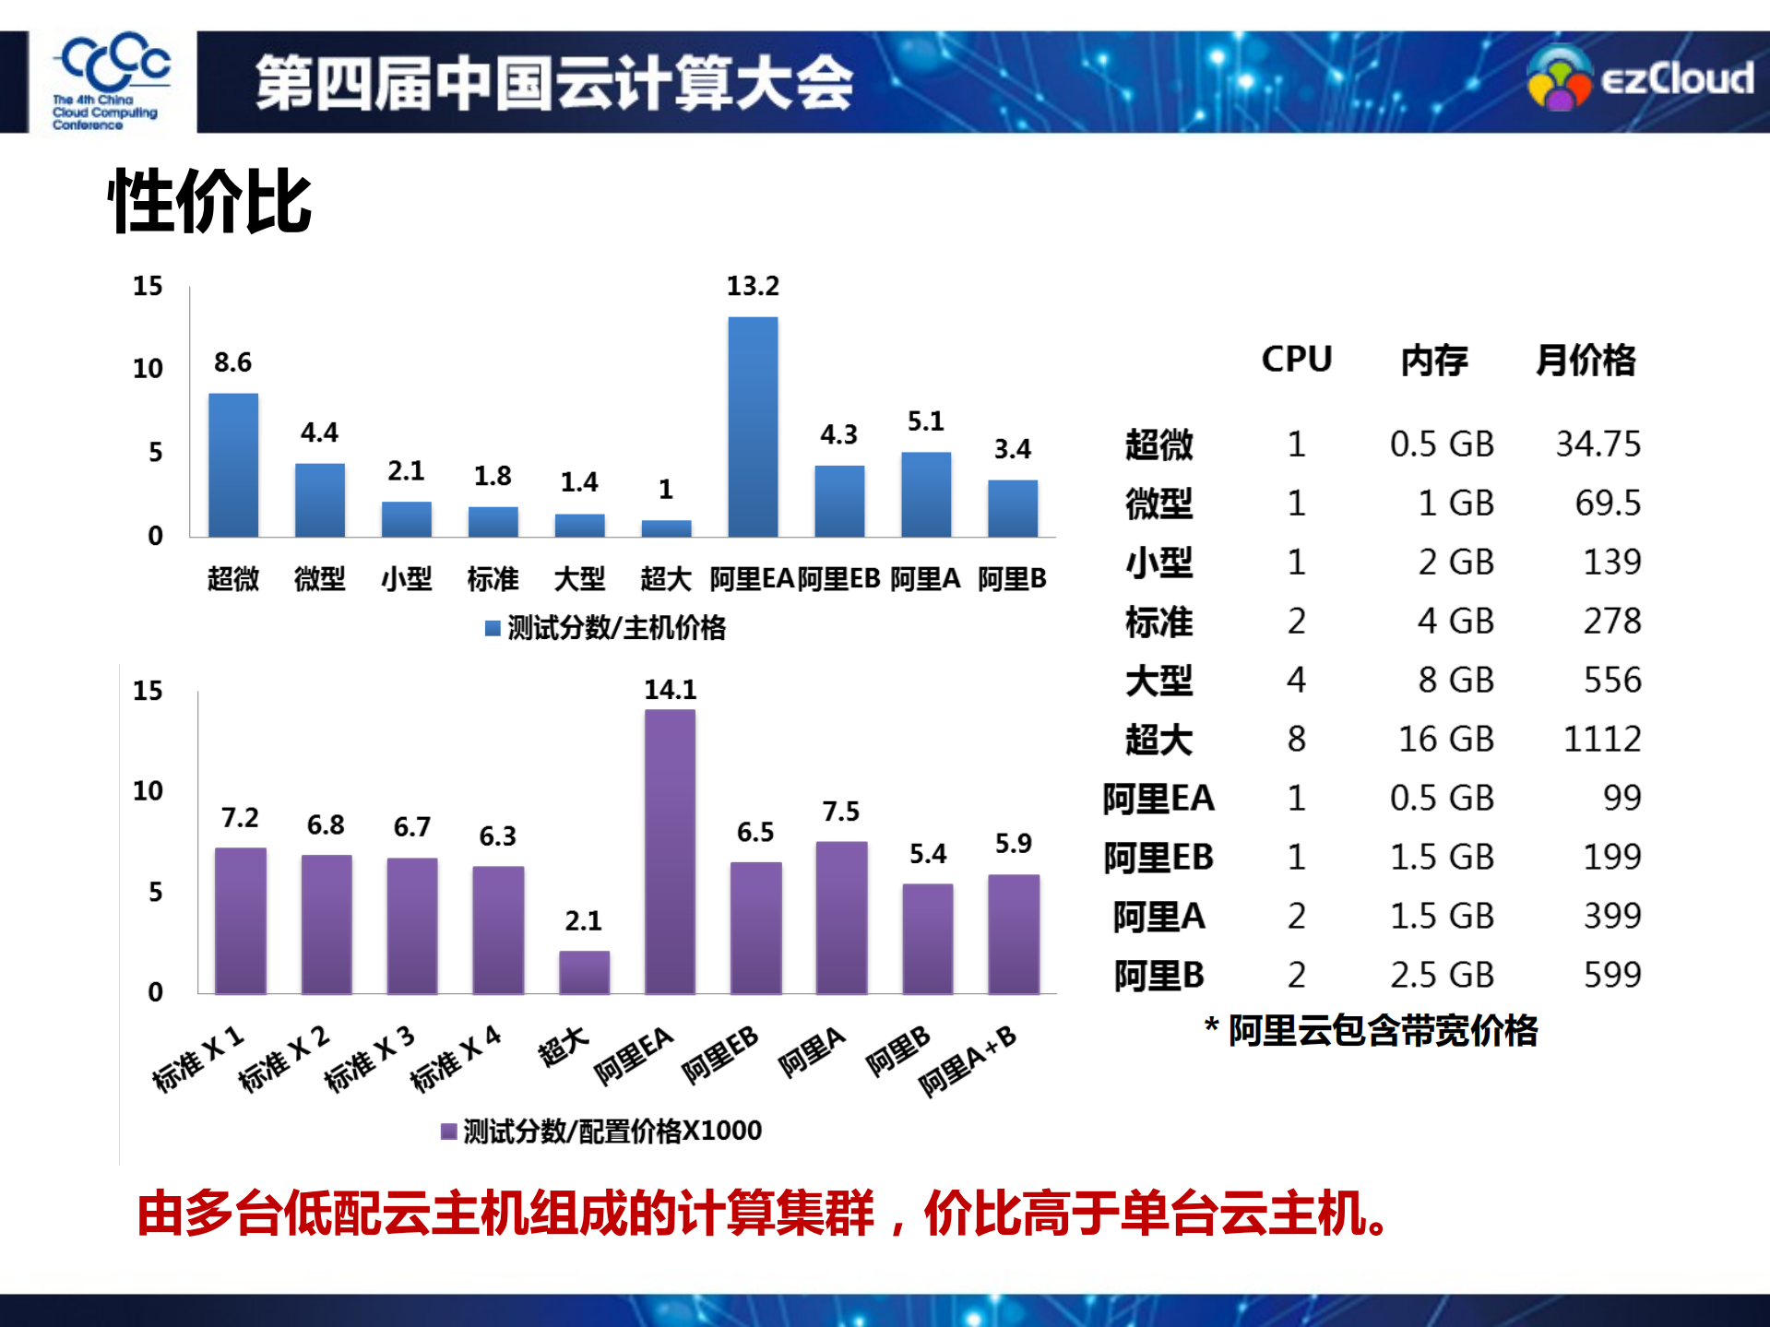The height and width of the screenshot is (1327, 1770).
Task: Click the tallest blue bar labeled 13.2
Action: coord(753,426)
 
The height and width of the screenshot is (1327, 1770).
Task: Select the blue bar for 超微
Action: coord(233,465)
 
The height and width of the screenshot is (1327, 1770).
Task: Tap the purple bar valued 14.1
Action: coord(670,851)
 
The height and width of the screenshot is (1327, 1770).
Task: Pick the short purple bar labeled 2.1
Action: coord(584,972)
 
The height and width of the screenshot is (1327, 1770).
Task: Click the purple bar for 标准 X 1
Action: coord(241,920)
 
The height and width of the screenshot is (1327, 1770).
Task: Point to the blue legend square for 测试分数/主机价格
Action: coord(493,629)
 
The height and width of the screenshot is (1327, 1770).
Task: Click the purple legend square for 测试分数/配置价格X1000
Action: coord(449,1132)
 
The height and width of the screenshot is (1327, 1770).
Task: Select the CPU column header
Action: coord(1297,360)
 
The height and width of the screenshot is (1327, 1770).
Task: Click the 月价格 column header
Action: coord(1586,360)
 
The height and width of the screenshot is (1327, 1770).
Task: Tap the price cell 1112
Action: coord(1602,740)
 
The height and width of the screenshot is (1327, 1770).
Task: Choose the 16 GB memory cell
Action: coord(1445,740)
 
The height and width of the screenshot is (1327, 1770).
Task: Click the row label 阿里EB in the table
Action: coord(1158,858)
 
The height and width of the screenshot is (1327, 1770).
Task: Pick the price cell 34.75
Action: coord(1598,444)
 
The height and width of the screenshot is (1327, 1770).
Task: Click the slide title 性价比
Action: coord(210,202)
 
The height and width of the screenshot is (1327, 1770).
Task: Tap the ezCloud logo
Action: coord(1640,79)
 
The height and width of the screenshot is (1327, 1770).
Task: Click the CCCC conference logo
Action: coord(111,81)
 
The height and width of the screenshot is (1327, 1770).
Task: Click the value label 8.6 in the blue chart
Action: coord(232,362)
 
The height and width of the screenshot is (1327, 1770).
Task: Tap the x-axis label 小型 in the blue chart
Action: coord(406,579)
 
